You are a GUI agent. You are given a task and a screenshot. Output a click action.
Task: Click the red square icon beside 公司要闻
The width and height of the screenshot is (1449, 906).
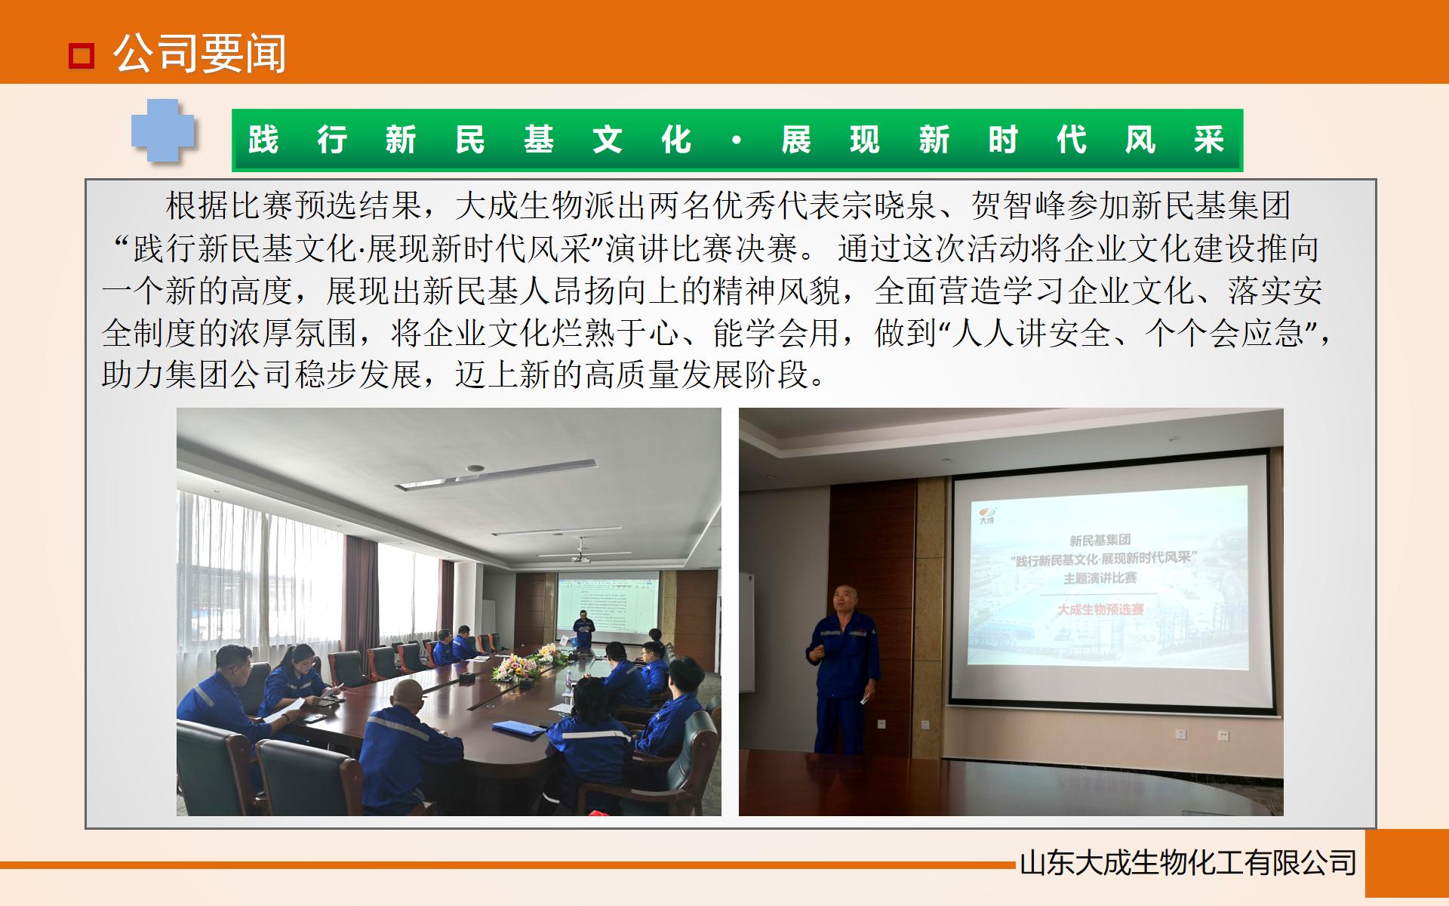click(81, 55)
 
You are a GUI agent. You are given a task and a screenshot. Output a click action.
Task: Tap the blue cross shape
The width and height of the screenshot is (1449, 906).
click(163, 131)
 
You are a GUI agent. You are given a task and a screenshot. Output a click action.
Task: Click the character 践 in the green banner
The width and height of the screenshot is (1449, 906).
click(263, 140)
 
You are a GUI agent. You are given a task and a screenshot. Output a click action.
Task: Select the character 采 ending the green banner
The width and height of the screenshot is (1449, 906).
click(1208, 140)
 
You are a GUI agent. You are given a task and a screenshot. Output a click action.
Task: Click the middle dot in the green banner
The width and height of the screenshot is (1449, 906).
click(737, 140)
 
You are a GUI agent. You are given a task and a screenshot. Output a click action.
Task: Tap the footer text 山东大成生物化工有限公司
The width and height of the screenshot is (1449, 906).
click(1188, 863)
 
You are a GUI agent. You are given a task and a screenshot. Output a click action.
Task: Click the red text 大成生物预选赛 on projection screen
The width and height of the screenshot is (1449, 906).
click(1100, 609)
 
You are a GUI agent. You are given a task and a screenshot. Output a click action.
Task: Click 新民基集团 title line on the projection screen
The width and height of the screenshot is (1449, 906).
click(1100, 540)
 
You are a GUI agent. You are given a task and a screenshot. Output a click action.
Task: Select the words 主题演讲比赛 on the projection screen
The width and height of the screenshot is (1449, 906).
click(1100, 578)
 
